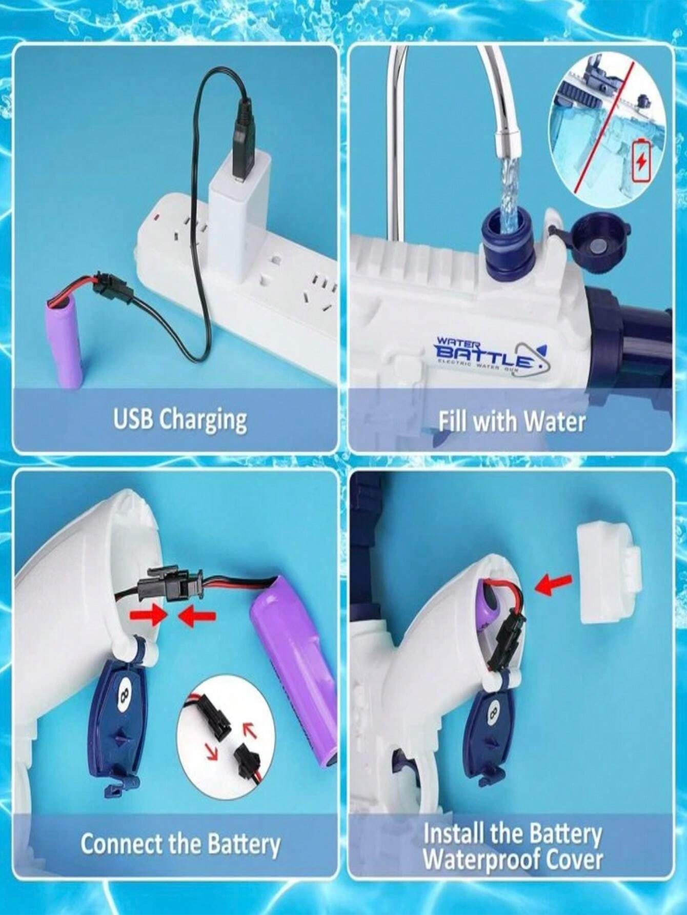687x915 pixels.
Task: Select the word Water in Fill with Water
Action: pos(555,422)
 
